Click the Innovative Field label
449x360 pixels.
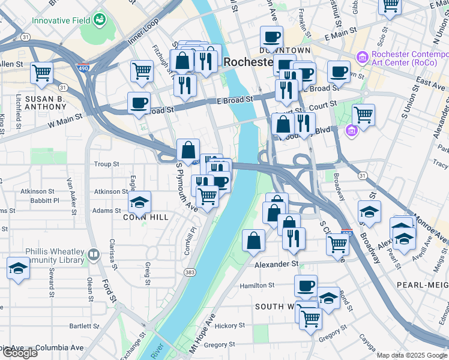tap(61, 20)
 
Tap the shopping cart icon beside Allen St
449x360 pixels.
tap(41, 73)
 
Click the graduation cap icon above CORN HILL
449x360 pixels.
tap(139, 203)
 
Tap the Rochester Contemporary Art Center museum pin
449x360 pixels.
tap(362, 58)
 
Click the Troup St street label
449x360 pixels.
tap(107, 164)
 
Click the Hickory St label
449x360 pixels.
tap(226, 326)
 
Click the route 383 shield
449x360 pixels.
tap(190, 273)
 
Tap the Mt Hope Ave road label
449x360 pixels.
tap(202, 336)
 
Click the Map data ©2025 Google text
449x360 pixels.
tap(412, 355)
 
